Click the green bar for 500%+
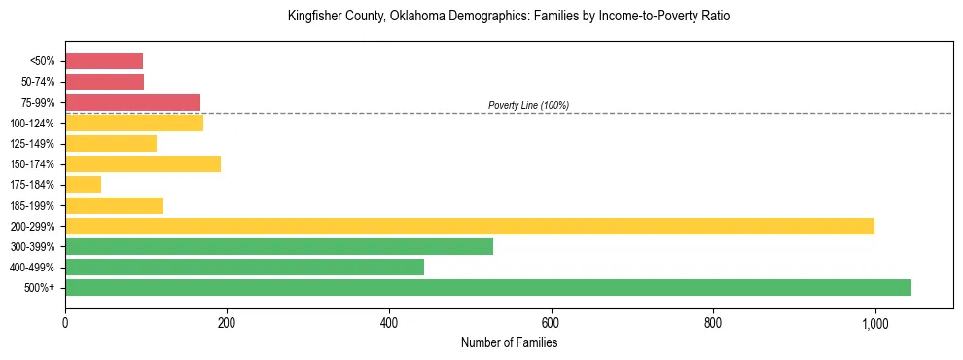487,287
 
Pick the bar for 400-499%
244,267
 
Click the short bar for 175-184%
83,184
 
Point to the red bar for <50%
104,60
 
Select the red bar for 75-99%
132,102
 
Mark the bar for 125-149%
111,143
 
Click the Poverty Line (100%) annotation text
528,105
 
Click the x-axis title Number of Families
509,342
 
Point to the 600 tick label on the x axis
551,323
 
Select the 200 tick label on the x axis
227,323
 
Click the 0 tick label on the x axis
65,323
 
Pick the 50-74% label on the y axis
39,82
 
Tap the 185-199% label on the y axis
36,205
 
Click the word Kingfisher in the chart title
312,17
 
